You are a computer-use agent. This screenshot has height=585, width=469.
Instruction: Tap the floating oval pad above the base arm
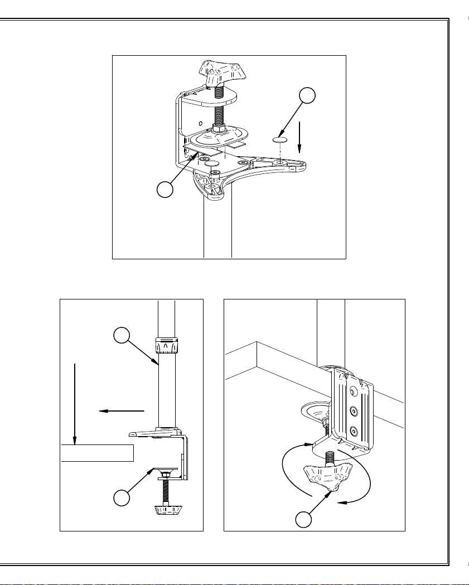pyautogui.click(x=280, y=138)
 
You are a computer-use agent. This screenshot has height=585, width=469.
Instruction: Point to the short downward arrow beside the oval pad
pyautogui.click(x=299, y=136)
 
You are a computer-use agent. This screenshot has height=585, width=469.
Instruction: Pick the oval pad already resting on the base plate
pyautogui.click(x=211, y=164)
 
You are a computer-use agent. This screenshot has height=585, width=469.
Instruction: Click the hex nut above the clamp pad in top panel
pyautogui.click(x=219, y=128)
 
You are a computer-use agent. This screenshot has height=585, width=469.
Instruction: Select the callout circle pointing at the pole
pyautogui.click(x=122, y=336)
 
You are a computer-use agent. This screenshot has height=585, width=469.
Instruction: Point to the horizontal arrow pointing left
pyautogui.click(x=121, y=411)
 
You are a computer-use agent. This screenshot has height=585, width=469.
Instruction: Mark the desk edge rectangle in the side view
pyautogui.click(x=98, y=453)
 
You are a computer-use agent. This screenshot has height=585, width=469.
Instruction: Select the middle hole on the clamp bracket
pyautogui.click(x=352, y=411)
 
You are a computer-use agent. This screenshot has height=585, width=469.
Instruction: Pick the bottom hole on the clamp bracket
pyautogui.click(x=352, y=431)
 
